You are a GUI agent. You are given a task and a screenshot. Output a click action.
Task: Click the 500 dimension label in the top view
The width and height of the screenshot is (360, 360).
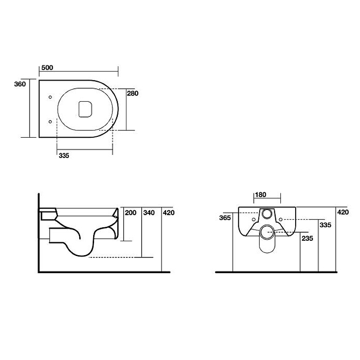click(47, 68)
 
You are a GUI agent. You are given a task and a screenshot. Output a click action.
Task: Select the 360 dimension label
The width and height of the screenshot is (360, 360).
click(20, 84)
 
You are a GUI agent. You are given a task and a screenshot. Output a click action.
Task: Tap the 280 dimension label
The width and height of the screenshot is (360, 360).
click(133, 94)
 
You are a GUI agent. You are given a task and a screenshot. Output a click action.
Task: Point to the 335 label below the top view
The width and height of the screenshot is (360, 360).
click(64, 156)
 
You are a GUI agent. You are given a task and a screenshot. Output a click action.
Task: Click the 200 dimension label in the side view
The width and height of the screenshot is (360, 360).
click(130, 213)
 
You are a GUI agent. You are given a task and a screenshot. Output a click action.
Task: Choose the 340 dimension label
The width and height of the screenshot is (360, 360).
click(149, 213)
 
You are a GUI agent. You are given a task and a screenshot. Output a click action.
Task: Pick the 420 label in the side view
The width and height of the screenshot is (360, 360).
click(169, 213)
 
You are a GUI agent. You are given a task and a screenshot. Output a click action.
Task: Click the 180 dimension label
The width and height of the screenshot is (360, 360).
click(261, 195)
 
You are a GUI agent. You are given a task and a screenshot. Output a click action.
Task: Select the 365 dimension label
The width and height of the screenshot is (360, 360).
click(225, 218)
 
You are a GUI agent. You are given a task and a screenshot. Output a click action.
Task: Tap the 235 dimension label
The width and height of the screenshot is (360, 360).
click(307, 238)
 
